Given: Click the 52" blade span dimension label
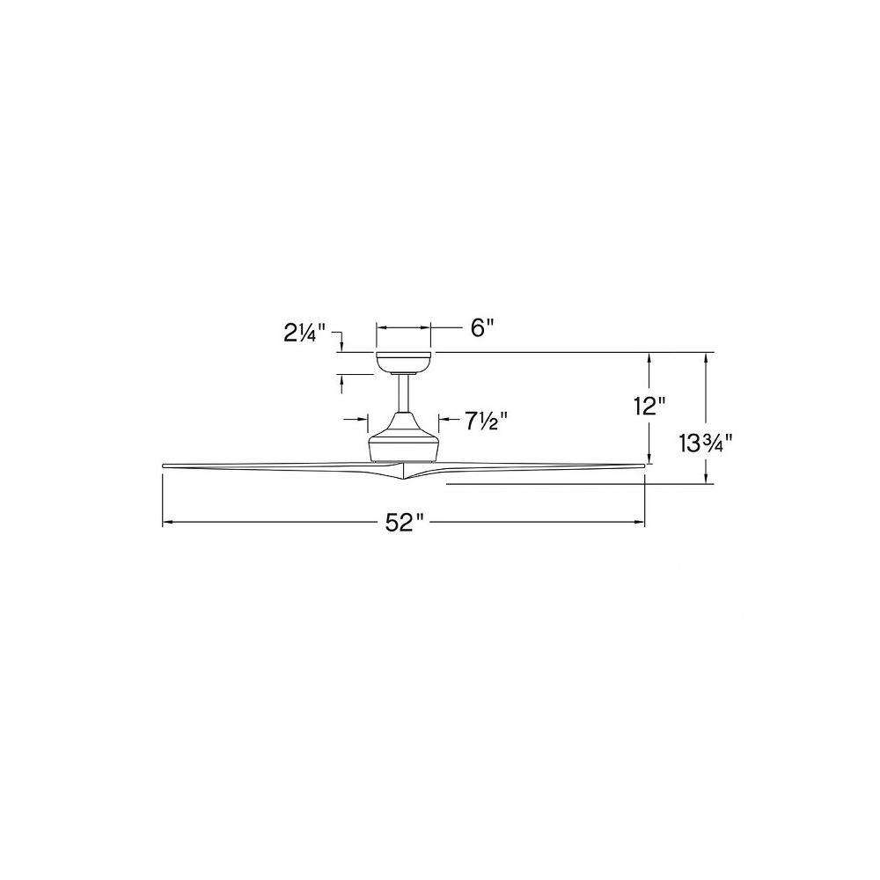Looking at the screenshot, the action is [x=403, y=524].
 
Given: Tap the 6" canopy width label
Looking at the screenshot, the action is [x=481, y=327].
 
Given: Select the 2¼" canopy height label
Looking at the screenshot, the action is [x=304, y=334].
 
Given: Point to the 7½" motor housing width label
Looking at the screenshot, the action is [x=486, y=421].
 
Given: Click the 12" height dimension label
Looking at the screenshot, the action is [x=649, y=406].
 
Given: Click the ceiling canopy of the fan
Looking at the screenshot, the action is [x=404, y=363].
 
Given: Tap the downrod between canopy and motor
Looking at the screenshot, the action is [x=404, y=393].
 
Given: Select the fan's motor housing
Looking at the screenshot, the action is [x=404, y=437].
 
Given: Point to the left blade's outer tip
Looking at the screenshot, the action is [x=164, y=466].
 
